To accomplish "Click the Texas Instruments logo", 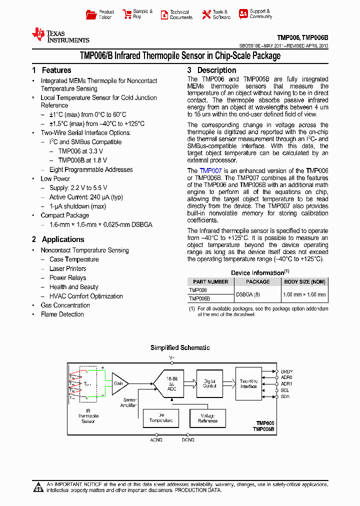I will tap(60, 35).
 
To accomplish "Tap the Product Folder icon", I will tap(91, 14).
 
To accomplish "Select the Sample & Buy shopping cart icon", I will tap(127, 14).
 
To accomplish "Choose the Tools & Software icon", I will tap(206, 15).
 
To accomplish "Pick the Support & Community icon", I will tap(243, 14).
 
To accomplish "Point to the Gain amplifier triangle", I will tap(119, 383).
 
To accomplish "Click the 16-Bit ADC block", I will tap(172, 383).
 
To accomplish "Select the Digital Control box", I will tap(209, 383).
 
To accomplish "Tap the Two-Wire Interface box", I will tap(248, 383).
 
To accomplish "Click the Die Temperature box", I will tap(161, 417).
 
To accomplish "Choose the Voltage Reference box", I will tap(207, 417).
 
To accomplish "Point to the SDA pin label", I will tap(285, 396).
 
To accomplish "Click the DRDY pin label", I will tap(286, 371).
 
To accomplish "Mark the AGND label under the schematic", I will tap(156, 440).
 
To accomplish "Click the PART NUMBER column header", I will tap(210, 282).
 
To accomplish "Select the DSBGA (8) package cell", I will tap(248, 294).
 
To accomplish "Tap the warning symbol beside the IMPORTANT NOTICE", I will tap(38, 487).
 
